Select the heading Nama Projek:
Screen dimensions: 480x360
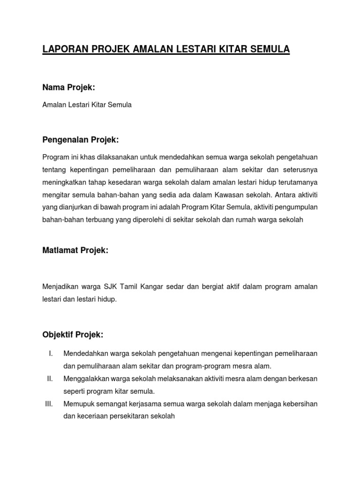(68, 87)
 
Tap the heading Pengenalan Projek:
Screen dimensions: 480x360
(81, 140)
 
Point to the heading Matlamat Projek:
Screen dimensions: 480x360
(75, 251)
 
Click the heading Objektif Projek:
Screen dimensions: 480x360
(73, 335)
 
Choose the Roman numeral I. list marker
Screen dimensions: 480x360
(50, 353)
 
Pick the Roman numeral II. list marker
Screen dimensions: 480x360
(50, 378)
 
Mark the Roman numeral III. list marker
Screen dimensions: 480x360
(49, 404)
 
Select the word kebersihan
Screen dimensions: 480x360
(300, 404)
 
